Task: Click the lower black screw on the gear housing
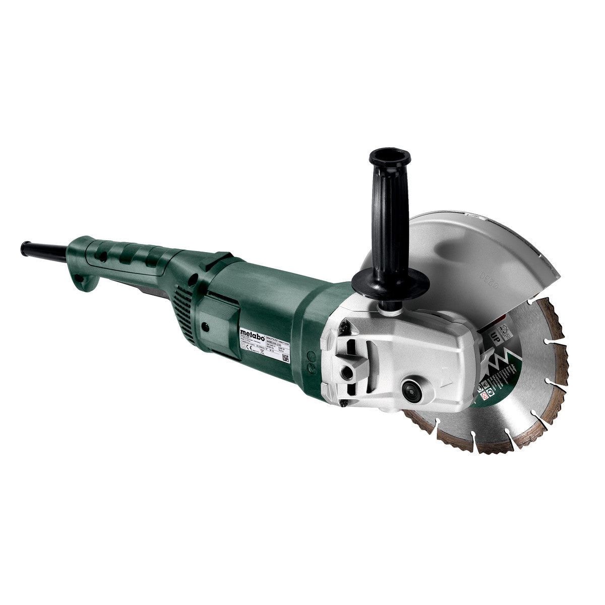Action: click(342, 402)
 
